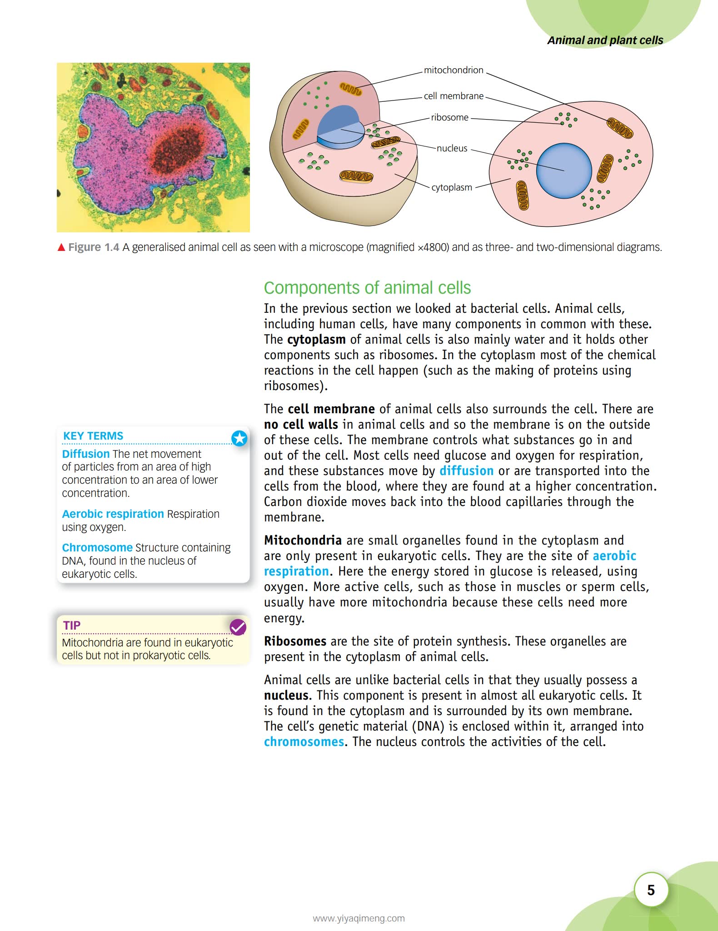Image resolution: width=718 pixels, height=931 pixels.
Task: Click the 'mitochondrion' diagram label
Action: point(453,70)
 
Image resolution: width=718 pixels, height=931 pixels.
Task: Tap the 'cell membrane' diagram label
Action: point(453,96)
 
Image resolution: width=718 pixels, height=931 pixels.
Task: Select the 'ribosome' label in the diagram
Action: point(449,117)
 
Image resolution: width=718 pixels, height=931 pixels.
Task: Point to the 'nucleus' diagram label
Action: point(452,148)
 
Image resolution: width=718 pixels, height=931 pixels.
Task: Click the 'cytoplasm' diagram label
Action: point(452,187)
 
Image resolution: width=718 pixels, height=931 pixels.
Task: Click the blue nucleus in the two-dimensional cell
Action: point(563,170)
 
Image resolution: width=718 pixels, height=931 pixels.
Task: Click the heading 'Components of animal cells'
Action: point(367,288)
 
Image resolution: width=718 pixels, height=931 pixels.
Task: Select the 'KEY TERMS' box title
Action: point(93,436)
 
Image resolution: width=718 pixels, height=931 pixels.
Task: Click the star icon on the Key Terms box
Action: point(239,438)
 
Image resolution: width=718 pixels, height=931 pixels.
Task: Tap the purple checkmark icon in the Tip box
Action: point(238,627)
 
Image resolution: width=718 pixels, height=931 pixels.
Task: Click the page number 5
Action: point(651,890)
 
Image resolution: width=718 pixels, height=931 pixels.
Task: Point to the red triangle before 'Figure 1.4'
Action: point(61,247)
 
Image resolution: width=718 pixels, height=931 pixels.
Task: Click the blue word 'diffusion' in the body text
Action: point(466,471)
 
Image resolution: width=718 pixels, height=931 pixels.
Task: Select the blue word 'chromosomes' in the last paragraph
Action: point(304,741)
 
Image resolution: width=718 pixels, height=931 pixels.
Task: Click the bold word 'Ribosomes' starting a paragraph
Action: point(295,641)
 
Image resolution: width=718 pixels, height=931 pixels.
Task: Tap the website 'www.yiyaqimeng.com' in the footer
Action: point(359,918)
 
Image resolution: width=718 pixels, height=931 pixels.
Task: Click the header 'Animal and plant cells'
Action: point(605,40)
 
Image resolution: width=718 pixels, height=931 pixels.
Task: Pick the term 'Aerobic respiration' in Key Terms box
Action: point(113,514)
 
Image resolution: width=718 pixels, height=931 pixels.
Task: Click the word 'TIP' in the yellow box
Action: point(72,626)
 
